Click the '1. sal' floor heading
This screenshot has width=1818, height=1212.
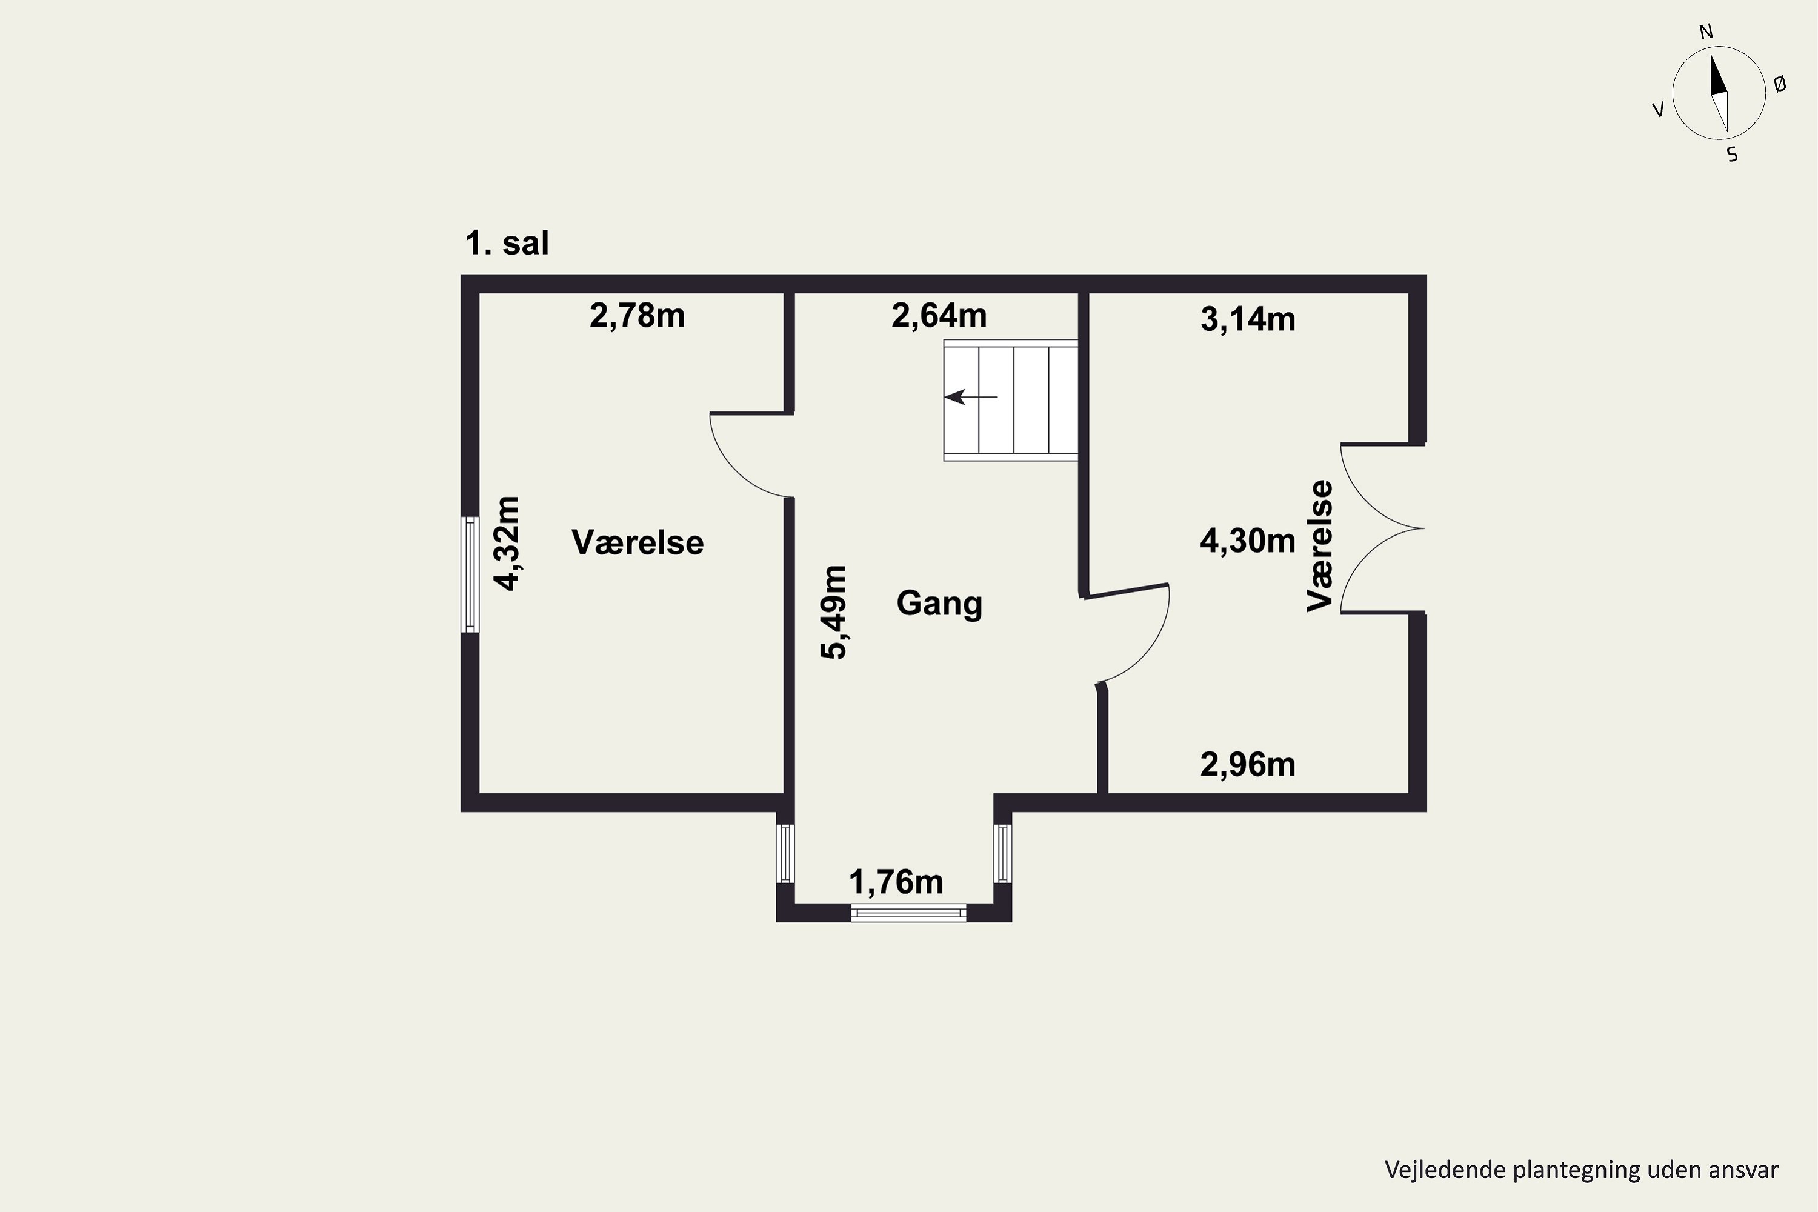(x=507, y=243)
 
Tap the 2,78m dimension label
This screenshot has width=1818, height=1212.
(x=637, y=315)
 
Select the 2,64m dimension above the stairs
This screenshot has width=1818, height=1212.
(x=939, y=315)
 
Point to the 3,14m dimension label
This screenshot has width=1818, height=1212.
(x=1248, y=319)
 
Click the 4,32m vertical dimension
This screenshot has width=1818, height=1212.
(x=508, y=544)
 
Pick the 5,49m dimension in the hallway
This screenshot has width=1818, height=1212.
(x=834, y=612)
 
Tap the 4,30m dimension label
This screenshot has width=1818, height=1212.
(x=1248, y=541)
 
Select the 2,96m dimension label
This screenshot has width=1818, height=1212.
(x=1248, y=764)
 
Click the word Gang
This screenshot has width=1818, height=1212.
(x=939, y=603)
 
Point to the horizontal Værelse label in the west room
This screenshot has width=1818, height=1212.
(x=638, y=542)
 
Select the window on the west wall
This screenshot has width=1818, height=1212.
(x=470, y=574)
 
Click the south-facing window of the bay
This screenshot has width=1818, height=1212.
(x=908, y=913)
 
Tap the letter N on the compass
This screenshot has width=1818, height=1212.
(x=1706, y=32)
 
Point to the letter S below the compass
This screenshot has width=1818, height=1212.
(x=1732, y=155)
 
